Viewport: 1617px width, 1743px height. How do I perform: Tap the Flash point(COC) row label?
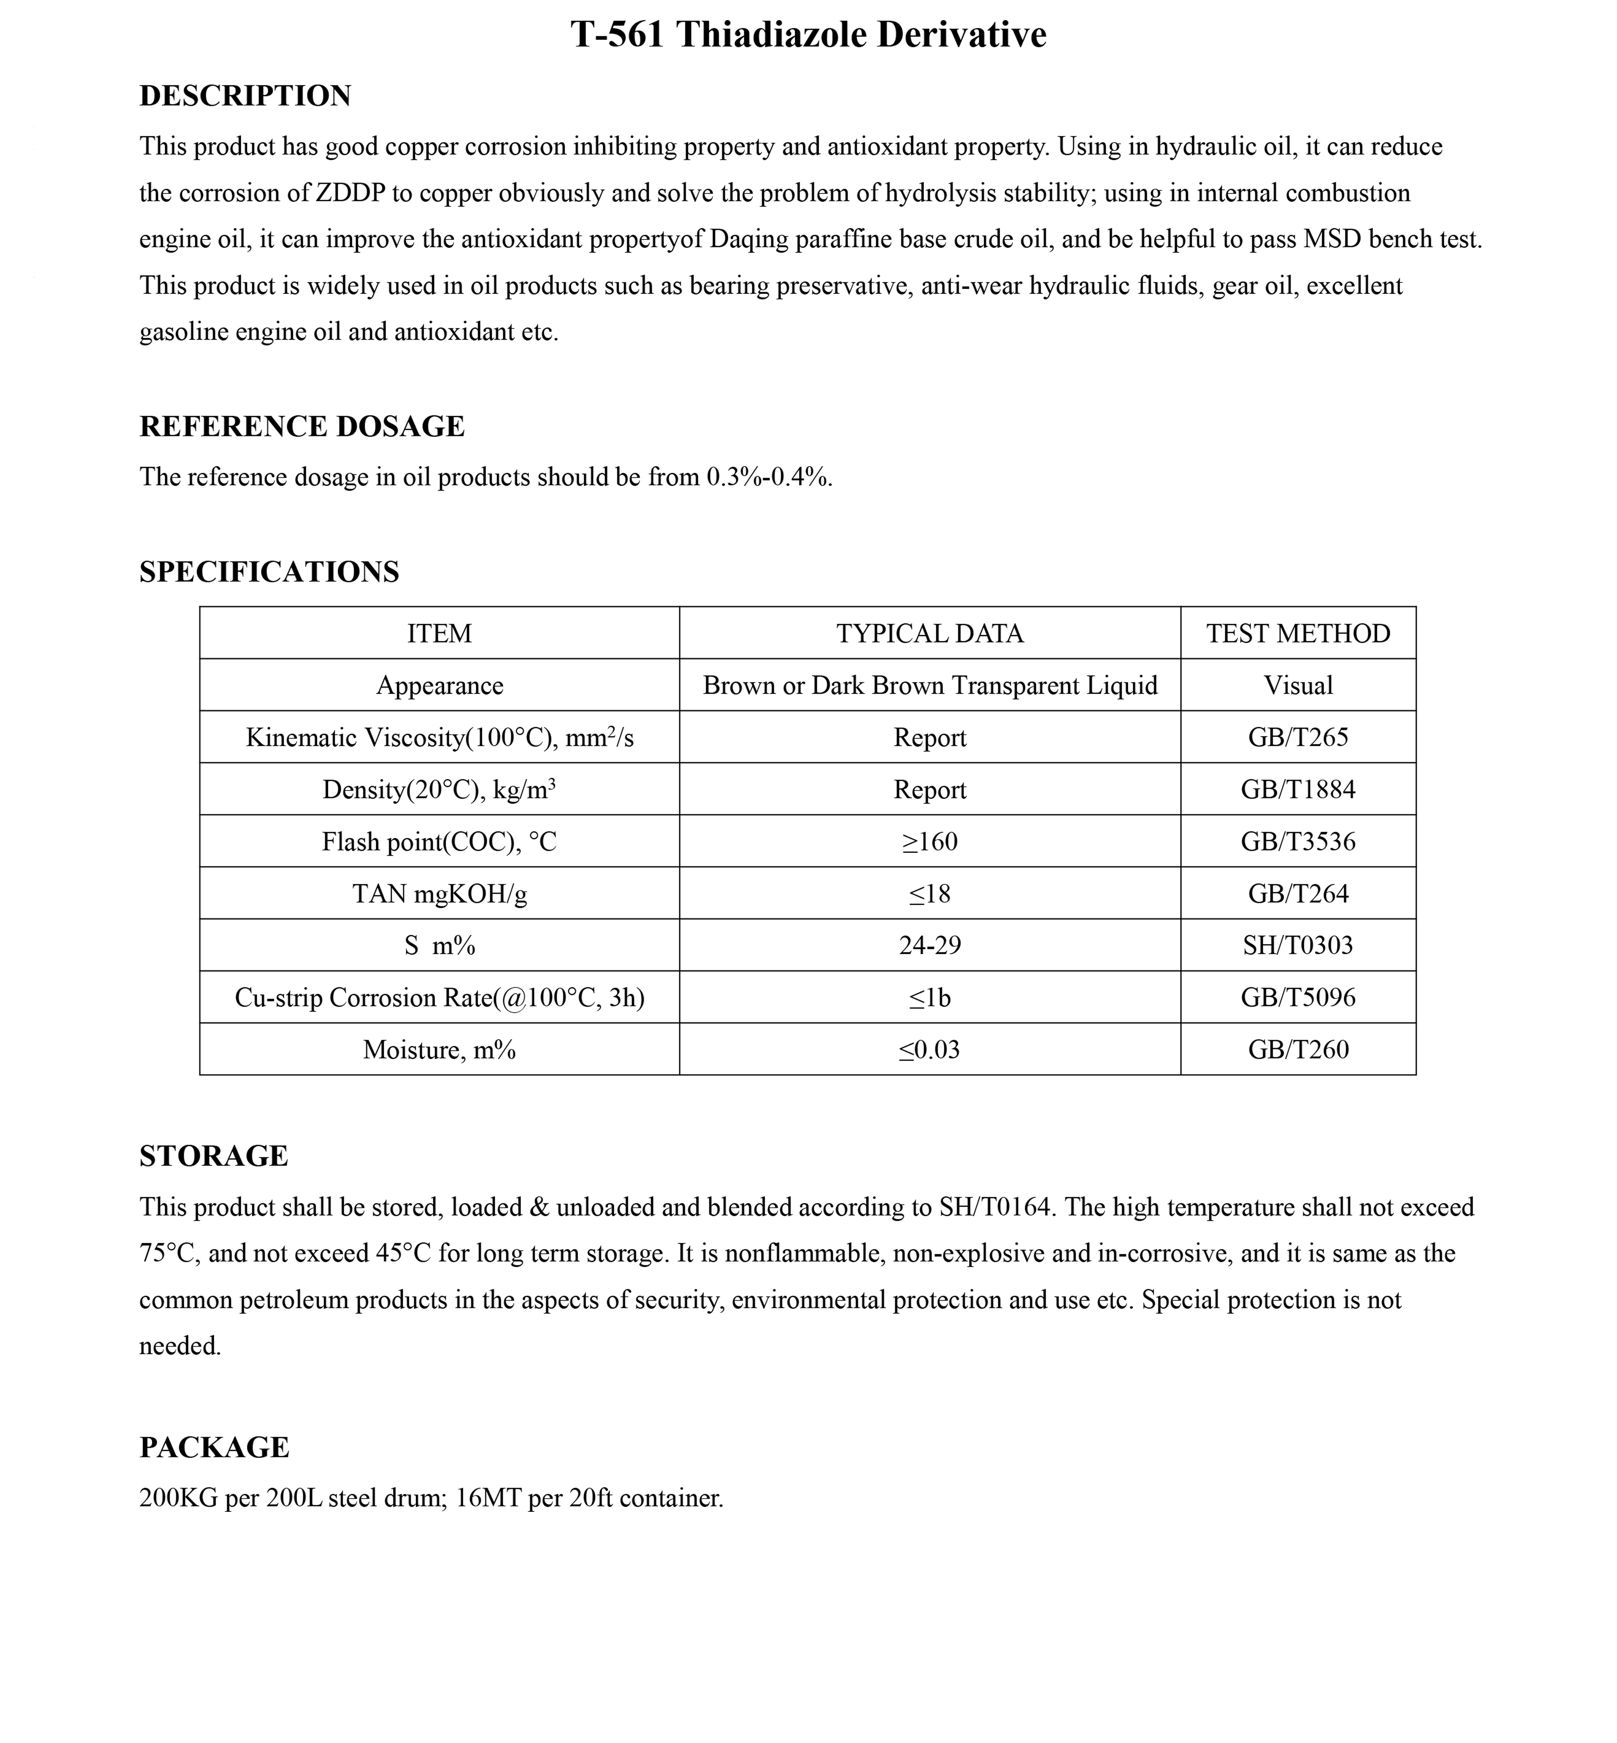coord(439,842)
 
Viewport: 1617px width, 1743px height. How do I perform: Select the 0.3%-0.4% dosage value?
coord(768,478)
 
